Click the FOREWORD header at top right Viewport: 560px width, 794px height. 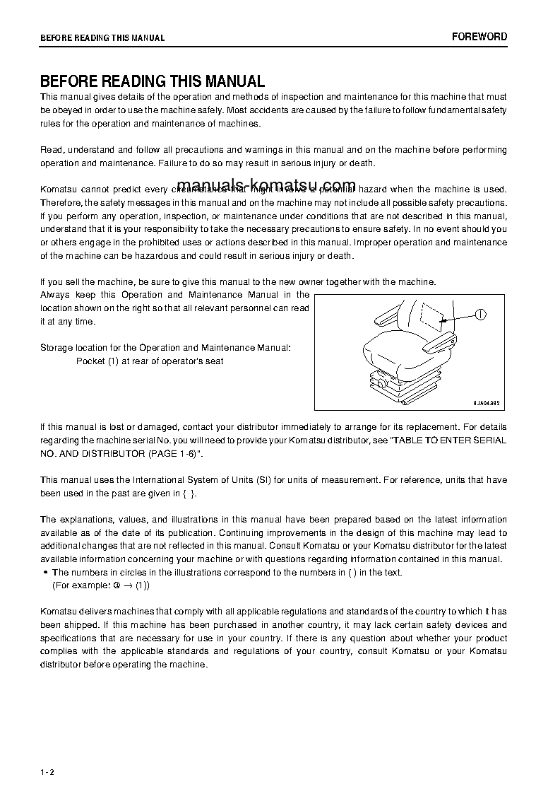coord(479,37)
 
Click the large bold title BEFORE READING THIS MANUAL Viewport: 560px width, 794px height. coord(153,81)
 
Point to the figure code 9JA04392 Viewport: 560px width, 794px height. coord(487,402)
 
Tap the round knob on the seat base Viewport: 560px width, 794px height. coord(382,383)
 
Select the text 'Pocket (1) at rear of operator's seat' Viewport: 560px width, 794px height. coord(150,361)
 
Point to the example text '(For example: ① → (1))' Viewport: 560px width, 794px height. coord(101,586)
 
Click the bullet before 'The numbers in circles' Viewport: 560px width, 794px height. coord(45,573)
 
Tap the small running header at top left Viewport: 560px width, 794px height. coord(102,38)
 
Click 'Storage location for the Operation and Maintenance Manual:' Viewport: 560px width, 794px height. coord(165,348)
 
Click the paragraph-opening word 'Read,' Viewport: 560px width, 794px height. coord(52,150)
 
